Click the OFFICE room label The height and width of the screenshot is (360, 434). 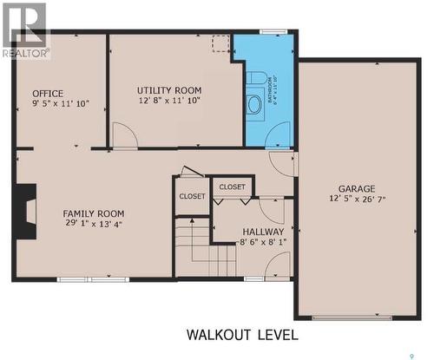47,93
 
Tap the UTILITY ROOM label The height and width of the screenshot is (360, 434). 169,90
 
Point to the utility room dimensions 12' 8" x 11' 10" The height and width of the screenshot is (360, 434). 168,101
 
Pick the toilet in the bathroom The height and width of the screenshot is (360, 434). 254,79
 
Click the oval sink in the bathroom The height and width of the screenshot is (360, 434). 254,105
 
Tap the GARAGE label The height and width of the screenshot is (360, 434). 356,188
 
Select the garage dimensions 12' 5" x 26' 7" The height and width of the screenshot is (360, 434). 356,200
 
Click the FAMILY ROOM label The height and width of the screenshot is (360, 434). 93,213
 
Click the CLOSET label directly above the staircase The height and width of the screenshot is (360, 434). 192,196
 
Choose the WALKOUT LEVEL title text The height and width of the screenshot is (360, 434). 242,335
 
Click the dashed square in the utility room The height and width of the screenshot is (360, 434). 220,43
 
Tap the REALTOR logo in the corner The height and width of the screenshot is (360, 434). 25,31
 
